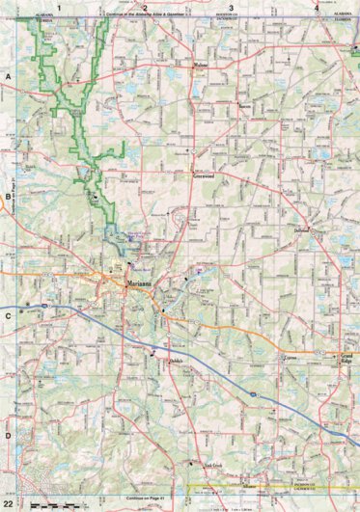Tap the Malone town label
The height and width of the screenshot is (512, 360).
click(200, 66)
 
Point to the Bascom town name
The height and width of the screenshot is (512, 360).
click(245, 106)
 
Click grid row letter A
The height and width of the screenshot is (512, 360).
click(8, 74)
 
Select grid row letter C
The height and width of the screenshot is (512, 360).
click(8, 314)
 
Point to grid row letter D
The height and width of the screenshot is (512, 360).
click(8, 435)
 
